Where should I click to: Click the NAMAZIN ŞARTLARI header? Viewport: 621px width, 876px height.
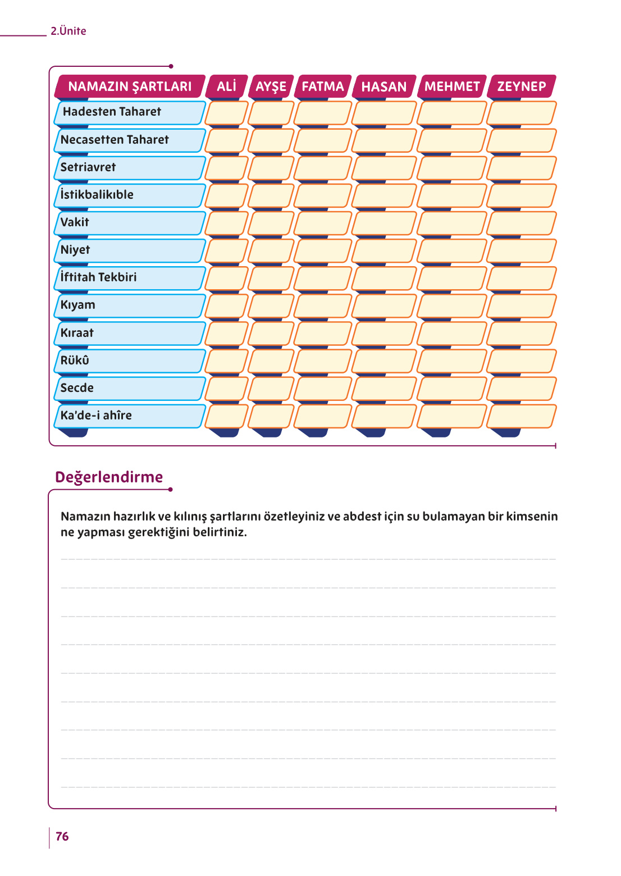[x=130, y=86]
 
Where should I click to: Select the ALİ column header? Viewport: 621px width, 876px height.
[x=226, y=86]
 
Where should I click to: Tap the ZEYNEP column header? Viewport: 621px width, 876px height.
[x=522, y=86]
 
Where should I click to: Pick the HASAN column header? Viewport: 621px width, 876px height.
[x=384, y=86]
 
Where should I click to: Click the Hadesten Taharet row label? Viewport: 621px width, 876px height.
[x=112, y=112]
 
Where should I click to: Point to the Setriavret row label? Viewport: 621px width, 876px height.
[x=88, y=167]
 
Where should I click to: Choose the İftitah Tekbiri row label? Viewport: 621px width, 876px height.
[x=99, y=277]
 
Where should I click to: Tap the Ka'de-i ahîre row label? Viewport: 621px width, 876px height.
[x=96, y=416]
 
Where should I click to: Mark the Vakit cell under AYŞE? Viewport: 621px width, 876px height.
[x=271, y=223]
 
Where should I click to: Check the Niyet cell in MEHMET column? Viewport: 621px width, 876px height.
[x=451, y=250]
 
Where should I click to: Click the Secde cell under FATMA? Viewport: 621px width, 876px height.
[x=322, y=389]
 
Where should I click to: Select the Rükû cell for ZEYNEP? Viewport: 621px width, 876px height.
[x=522, y=361]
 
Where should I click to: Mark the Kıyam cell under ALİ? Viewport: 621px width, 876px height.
[x=226, y=305]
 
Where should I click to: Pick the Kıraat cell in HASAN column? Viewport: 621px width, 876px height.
[x=384, y=333]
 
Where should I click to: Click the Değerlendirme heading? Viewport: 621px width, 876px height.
[x=109, y=477]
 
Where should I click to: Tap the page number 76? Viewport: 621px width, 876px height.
[x=62, y=837]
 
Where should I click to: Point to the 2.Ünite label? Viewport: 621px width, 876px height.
[x=69, y=31]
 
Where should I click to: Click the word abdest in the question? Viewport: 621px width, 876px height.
[x=362, y=517]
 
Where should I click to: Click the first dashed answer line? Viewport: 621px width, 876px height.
[x=308, y=559]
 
